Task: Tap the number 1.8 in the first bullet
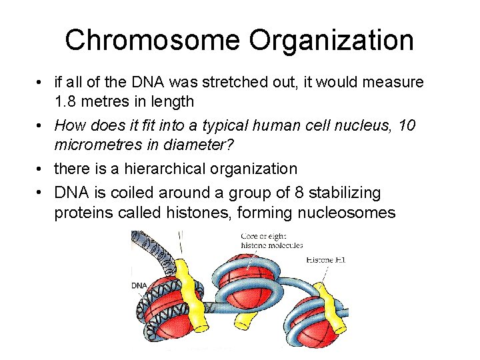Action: click(x=66, y=101)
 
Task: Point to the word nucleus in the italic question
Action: click(x=371, y=125)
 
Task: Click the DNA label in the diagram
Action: click(x=139, y=285)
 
